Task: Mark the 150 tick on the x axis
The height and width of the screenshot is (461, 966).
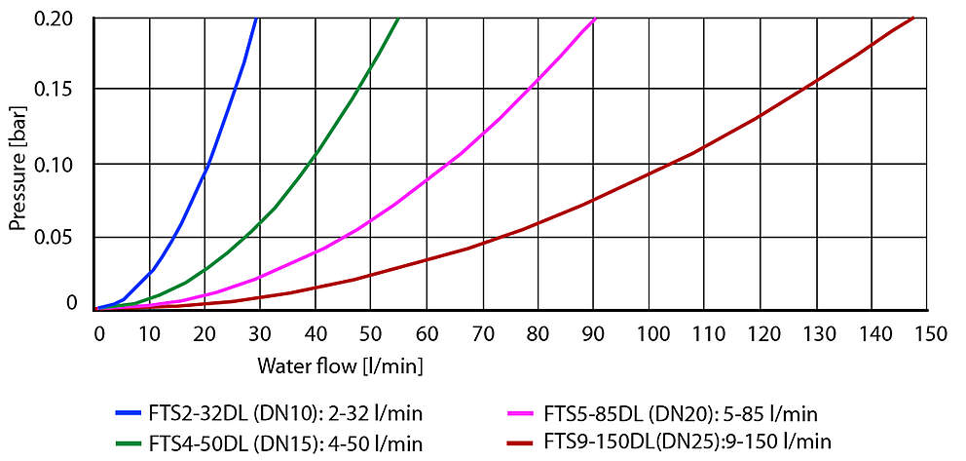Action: (932, 334)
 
